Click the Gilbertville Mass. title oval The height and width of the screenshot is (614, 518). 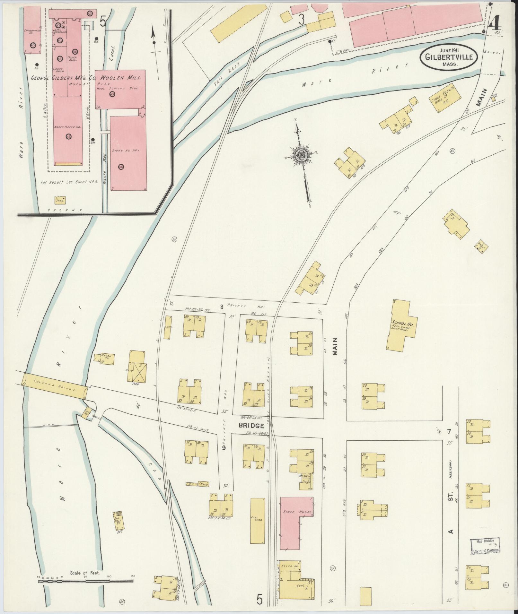(449, 56)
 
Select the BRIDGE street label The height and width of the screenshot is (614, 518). (251, 426)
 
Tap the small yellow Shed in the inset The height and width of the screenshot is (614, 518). (60, 200)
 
